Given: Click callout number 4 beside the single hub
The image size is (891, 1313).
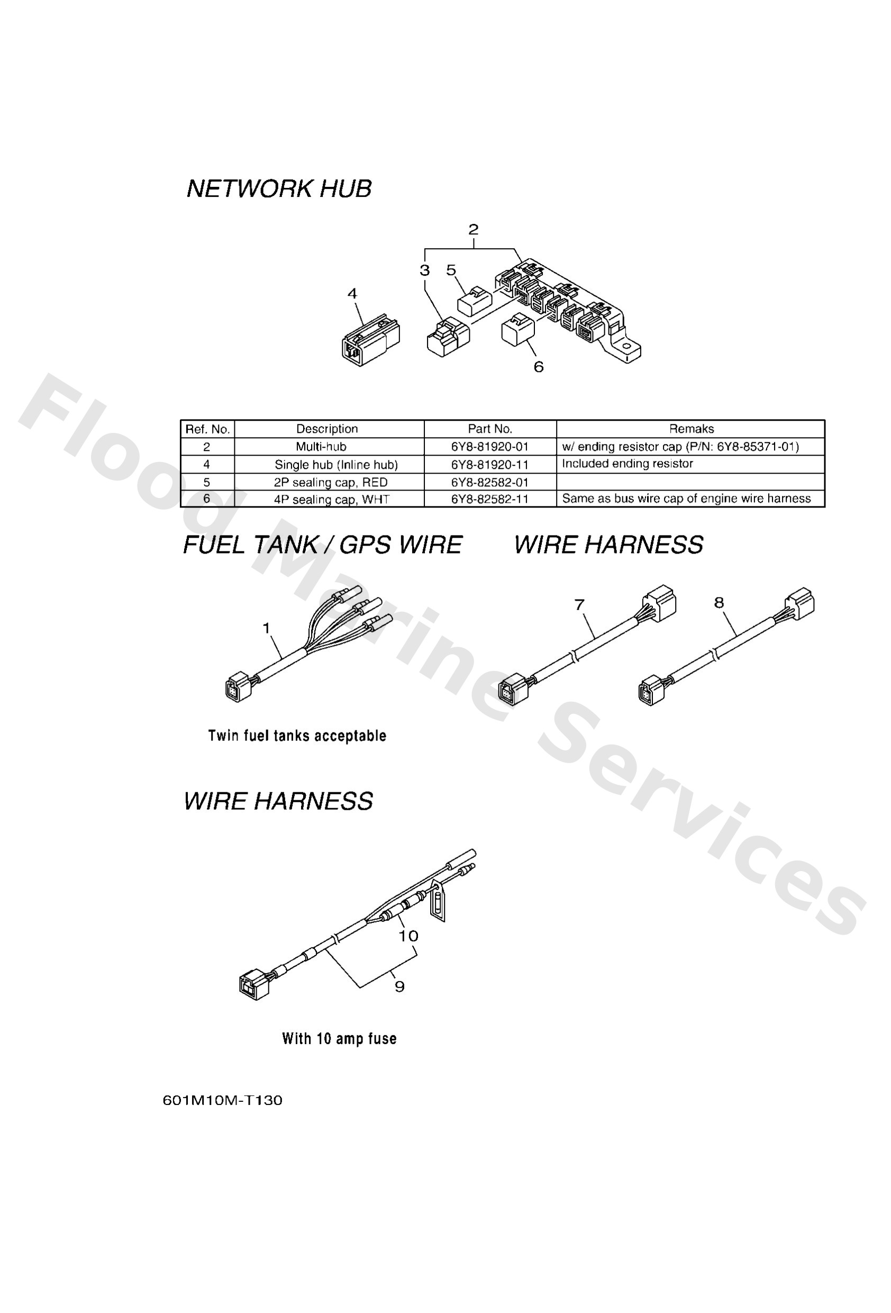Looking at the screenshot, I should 352,293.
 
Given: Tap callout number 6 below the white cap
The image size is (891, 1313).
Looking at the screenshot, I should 539,367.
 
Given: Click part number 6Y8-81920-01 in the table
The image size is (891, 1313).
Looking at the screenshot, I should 489,446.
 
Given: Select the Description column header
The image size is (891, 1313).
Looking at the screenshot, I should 326,429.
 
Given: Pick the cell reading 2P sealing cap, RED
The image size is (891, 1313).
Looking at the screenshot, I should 331,482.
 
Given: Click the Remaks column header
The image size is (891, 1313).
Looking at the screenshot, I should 691,429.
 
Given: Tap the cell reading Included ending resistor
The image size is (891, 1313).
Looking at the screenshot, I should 627,464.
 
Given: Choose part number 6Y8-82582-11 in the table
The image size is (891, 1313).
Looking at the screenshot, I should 489,499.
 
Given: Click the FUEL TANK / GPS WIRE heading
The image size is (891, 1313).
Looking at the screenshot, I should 323,545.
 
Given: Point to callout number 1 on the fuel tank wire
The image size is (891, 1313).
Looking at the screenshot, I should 266,628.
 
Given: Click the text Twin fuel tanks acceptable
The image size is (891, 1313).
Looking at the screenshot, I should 297,736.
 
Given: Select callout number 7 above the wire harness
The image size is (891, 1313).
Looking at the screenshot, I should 579,604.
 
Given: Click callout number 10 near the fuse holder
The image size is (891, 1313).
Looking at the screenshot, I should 408,936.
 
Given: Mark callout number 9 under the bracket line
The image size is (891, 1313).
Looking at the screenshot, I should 399,986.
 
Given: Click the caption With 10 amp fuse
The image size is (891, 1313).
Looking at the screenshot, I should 339,1038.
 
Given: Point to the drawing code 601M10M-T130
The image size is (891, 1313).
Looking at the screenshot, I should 223,1100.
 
